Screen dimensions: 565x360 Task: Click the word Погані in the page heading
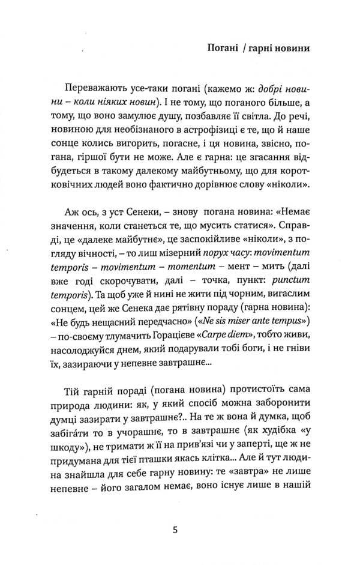coord(221,47)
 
